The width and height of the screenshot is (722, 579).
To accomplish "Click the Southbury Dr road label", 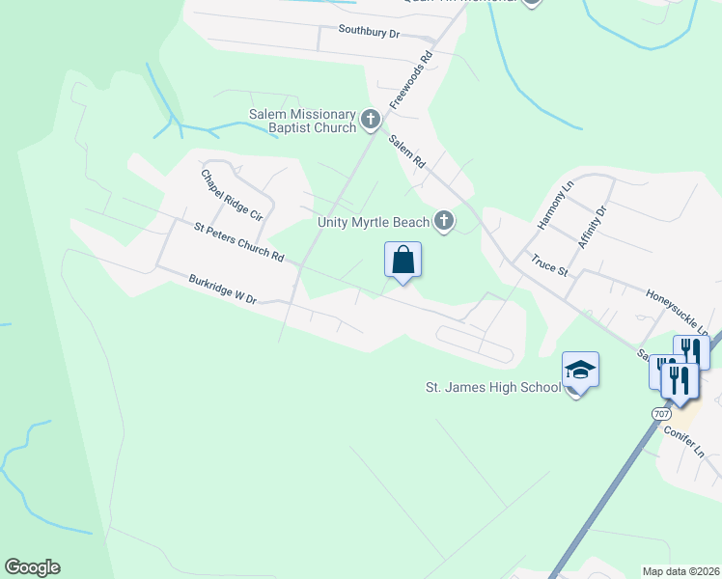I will pos(369,32).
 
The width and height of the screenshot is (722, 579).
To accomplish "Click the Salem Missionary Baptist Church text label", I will pos(302,121).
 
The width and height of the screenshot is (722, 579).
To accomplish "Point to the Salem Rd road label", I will pos(407,152).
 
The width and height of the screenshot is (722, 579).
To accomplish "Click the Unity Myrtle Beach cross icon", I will pos(444,222).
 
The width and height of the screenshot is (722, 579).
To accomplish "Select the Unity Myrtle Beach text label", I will pos(374,223).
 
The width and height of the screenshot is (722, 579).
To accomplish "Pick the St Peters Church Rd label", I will pos(238,243).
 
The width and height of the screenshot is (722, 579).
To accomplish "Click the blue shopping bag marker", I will pos(403,261).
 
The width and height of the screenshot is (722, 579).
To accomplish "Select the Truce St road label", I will pos(549,263).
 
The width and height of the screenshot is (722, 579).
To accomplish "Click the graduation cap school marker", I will pos(580,370).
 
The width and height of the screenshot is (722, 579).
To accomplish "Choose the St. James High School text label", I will pos(493,388).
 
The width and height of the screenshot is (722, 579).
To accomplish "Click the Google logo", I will pos(32,567).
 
